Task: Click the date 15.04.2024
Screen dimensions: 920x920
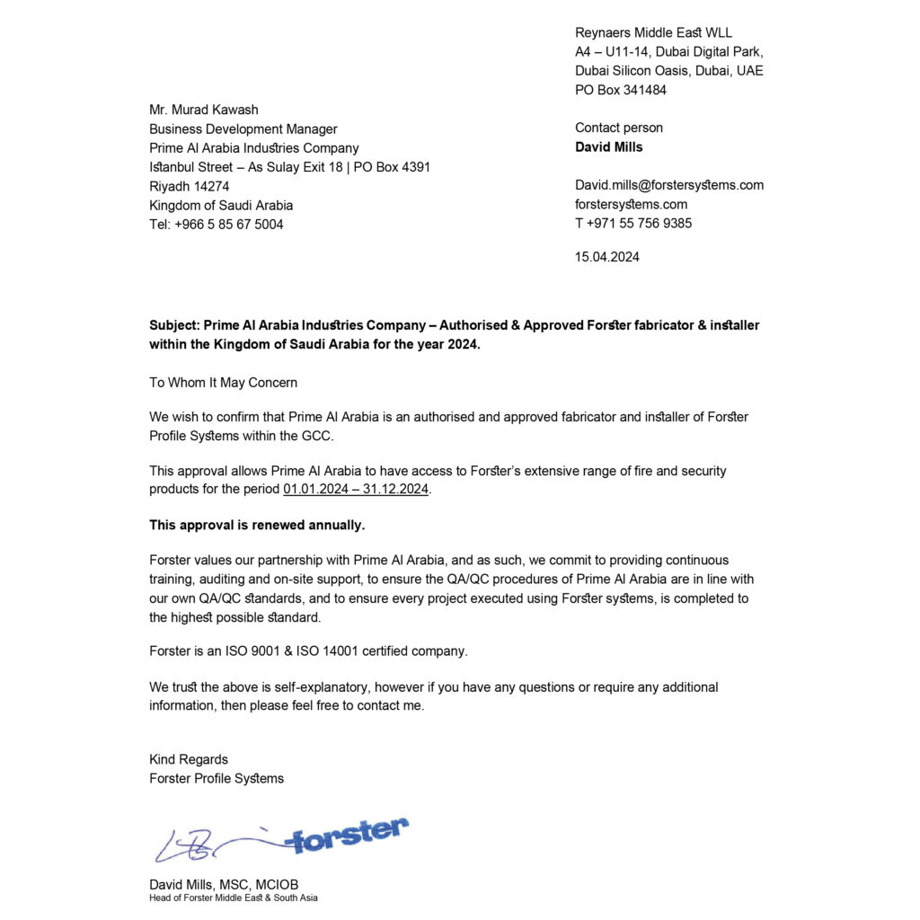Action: coord(607,257)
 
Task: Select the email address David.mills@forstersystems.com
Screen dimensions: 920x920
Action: coord(669,185)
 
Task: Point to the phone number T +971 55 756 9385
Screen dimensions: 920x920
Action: coord(633,224)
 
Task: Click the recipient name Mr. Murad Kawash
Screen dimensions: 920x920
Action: coord(204,110)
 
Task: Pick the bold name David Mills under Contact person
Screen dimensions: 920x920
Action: coord(609,147)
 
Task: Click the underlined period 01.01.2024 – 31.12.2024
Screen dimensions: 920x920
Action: coord(356,490)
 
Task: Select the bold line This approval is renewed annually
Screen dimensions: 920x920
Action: coord(257,525)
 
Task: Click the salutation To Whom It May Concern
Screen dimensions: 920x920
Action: coord(223,383)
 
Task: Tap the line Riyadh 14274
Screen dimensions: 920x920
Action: coord(190,186)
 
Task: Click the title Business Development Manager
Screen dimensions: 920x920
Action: coord(243,129)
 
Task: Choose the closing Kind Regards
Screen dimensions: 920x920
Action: coord(189,759)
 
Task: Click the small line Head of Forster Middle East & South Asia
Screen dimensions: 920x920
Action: coord(234,898)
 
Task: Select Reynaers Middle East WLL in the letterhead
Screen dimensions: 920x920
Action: coord(653,33)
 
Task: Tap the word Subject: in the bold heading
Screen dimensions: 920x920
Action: coord(174,325)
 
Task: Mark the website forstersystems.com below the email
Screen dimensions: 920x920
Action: coord(632,205)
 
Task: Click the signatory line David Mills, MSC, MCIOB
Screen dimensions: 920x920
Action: coord(224,884)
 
